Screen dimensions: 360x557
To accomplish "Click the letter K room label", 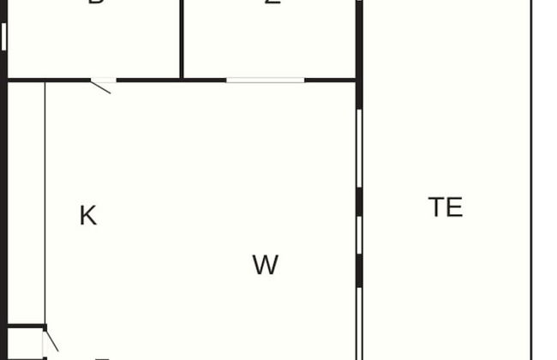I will tap(87, 216).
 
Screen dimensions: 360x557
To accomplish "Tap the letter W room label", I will tap(266, 266).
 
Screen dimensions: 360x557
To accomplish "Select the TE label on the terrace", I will tap(446, 207).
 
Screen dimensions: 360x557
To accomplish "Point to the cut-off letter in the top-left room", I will tap(96, 3).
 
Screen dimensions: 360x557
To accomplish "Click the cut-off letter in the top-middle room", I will tap(273, 3).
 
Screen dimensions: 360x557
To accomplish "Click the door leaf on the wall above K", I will tap(103, 85).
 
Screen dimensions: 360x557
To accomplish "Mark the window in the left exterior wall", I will tap(3, 36).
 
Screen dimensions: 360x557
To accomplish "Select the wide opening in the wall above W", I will tap(266, 81).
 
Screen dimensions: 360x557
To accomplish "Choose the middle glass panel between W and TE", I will tap(359, 235).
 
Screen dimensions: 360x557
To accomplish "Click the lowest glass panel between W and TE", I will tap(359, 321).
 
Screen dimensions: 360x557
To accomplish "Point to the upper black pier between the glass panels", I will tap(359, 202).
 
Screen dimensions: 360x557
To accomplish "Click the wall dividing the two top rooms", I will tap(182, 39).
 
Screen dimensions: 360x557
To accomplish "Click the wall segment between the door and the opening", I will tap(171, 81).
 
